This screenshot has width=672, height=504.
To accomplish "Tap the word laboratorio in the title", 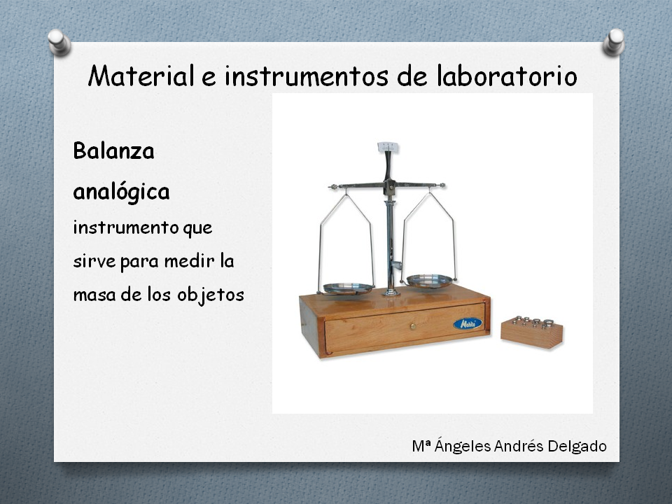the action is point(507,76).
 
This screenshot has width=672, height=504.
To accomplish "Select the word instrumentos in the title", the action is point(307,76).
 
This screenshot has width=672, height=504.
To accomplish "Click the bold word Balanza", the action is point(113,151).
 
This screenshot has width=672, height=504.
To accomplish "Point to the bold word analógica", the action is point(121,192).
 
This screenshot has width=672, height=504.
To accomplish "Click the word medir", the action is point(190,260).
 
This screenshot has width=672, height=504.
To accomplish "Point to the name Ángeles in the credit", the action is point(463,446).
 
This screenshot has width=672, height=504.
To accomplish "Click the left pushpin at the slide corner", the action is point(59,43).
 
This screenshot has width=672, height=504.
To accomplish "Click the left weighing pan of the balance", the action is point(348,288).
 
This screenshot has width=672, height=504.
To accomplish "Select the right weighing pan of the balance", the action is point(429,281).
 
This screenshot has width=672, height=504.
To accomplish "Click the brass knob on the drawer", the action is point(413,327).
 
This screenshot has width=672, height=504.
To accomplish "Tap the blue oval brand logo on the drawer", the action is point(468,323).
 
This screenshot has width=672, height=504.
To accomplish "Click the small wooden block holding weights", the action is point(531,334).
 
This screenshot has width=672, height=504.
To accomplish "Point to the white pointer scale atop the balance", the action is point(388,148).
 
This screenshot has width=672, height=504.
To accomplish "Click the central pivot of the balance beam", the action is point(390,187).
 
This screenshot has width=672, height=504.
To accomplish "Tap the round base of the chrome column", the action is point(391,293).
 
